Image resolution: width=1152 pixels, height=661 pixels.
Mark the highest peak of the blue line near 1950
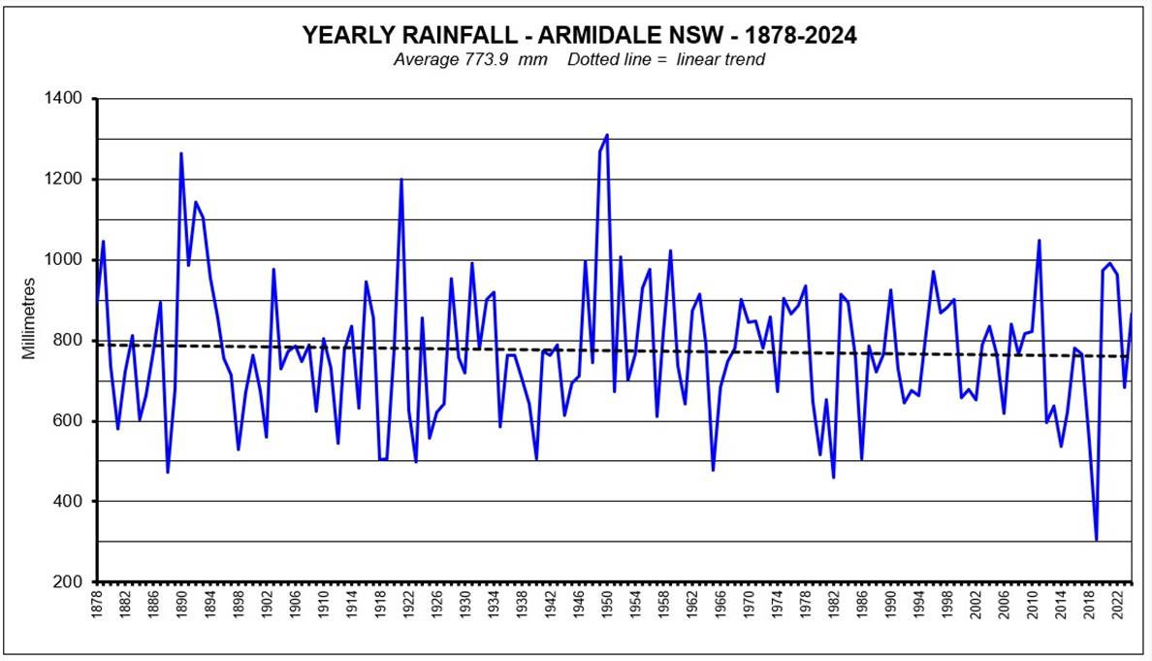coord(607,135)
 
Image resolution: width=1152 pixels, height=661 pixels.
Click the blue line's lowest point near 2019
coord(1096,541)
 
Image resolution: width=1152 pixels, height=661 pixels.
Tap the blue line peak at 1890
coord(181,153)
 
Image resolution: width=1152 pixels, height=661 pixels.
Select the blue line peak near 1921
coord(401,179)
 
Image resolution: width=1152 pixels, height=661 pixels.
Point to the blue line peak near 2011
coord(1039,240)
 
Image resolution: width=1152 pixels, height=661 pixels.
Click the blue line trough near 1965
coord(713,471)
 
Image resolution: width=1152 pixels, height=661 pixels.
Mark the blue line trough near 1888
coord(168,473)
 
